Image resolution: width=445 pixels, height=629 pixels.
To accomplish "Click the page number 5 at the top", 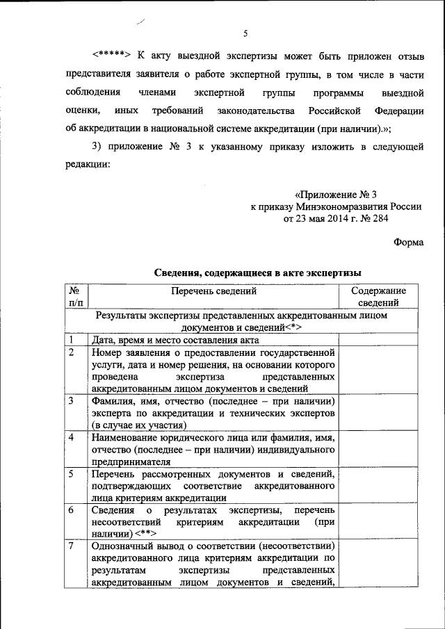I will (245, 33).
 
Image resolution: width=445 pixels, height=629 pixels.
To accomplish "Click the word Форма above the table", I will (408, 242).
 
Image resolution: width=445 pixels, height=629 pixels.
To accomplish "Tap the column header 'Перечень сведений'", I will (212, 292).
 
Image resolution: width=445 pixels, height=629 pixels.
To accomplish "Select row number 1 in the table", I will (72, 340).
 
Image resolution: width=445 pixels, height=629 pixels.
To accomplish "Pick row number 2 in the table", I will (72, 352).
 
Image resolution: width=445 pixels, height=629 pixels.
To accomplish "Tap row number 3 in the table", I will (72, 401).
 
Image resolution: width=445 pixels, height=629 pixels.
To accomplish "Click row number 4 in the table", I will (72, 437).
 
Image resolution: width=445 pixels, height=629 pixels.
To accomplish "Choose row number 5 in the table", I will (72, 473).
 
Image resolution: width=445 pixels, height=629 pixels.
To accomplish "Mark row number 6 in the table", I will (72, 509).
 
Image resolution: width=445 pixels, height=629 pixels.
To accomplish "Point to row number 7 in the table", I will (72, 546).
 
